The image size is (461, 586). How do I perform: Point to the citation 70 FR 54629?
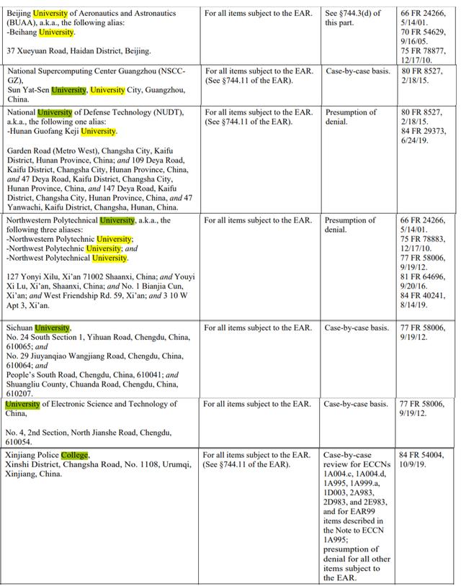point(423,32)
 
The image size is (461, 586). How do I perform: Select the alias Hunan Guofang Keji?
point(43,132)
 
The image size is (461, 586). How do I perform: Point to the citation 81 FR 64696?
point(423,276)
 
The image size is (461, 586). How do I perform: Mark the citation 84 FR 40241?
point(423,295)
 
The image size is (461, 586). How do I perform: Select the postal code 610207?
point(20,394)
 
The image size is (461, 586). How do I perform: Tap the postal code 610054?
point(20,441)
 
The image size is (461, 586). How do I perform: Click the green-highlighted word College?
point(75,455)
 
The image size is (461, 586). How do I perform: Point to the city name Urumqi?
point(176,465)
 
